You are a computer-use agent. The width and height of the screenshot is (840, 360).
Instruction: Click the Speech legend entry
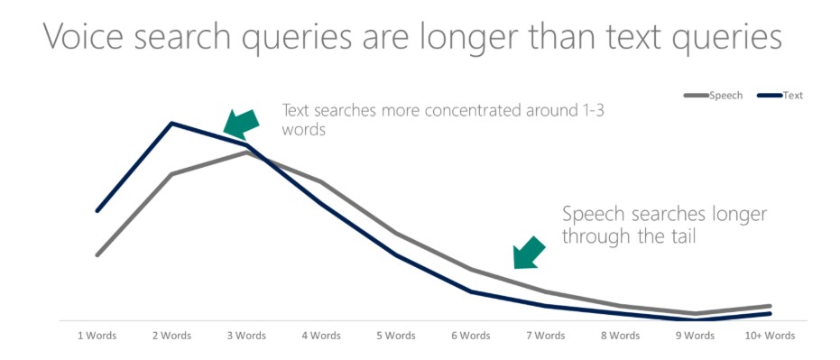[713, 96]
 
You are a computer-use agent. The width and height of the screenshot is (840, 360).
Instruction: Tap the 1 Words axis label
[97, 337]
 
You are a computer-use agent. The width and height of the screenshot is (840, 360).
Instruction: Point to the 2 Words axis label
[171, 337]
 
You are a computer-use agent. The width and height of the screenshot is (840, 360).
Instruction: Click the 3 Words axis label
[246, 337]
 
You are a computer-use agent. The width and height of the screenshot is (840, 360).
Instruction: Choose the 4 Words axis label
[321, 337]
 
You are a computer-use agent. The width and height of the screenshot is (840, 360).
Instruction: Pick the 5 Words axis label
[396, 337]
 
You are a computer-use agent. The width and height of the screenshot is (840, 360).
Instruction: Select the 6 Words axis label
[471, 337]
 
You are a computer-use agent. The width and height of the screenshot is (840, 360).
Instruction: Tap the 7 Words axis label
[546, 337]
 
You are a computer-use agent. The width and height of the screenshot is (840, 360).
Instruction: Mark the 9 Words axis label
[696, 337]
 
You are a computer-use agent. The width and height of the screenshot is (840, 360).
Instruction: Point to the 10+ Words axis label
[771, 337]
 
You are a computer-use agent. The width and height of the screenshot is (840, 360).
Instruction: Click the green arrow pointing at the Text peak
[241, 125]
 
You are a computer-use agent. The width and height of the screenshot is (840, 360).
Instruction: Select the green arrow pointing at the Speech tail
[530, 252]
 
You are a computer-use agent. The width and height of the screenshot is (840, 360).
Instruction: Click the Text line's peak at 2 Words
[171, 124]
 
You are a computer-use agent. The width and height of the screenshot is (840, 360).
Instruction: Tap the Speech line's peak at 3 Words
[246, 152]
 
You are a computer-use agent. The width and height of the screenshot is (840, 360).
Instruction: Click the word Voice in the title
[86, 36]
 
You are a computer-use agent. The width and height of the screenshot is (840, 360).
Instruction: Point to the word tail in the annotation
[679, 235]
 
